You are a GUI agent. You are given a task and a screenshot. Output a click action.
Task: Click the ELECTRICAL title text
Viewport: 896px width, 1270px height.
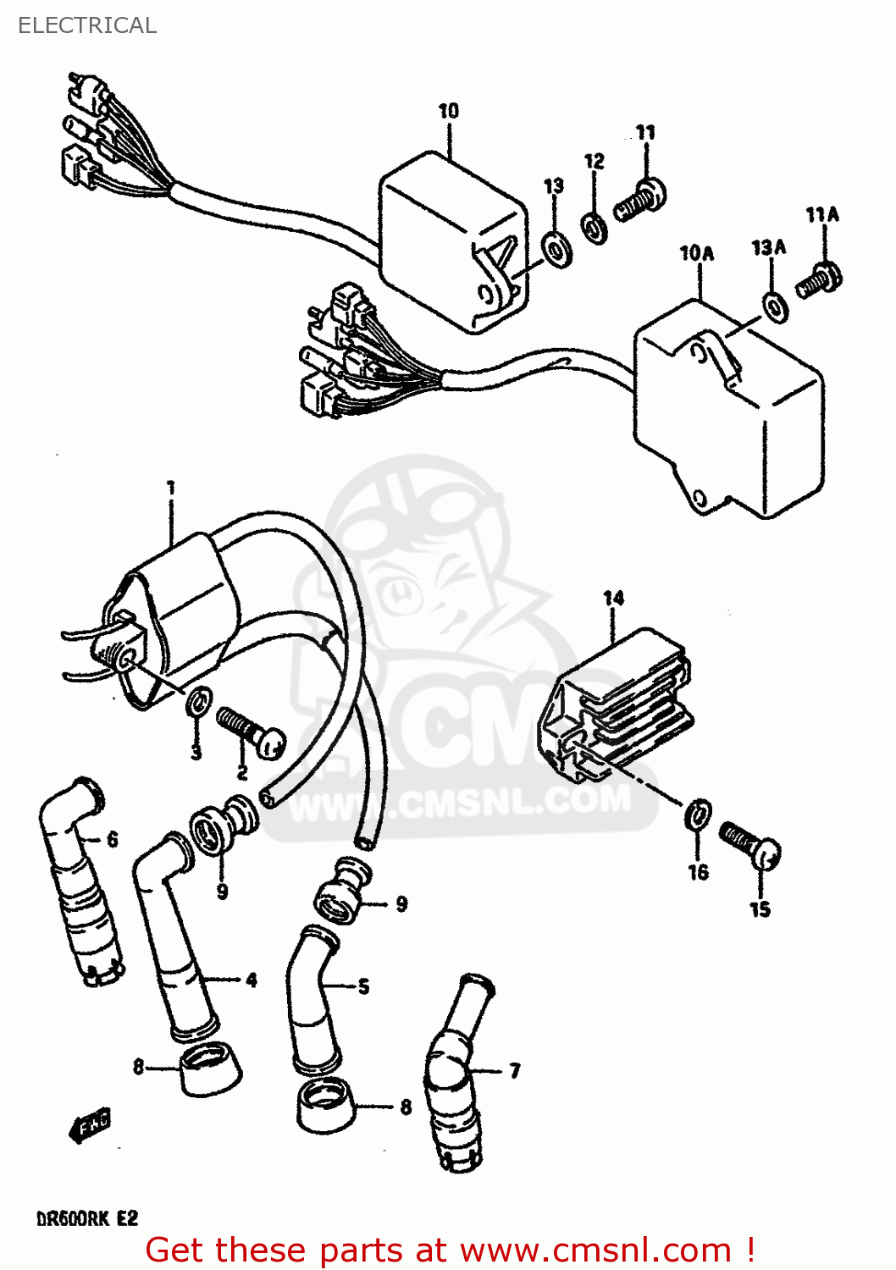[87, 25]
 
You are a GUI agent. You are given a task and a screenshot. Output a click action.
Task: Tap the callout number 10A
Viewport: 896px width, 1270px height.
[696, 253]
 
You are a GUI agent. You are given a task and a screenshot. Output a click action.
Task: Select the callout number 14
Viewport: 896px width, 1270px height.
[613, 599]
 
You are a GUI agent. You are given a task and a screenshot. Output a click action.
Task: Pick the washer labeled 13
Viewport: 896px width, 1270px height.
[556, 249]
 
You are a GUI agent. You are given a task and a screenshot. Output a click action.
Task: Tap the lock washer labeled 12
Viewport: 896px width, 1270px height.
[595, 226]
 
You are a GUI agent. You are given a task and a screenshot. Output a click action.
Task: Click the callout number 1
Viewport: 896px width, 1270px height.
[171, 489]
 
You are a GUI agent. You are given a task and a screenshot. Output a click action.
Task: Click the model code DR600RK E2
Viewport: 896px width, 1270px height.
[86, 1219]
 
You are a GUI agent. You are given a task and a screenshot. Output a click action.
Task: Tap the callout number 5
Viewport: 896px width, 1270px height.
[363, 986]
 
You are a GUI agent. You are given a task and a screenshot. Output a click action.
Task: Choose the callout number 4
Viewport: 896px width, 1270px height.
[251, 980]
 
